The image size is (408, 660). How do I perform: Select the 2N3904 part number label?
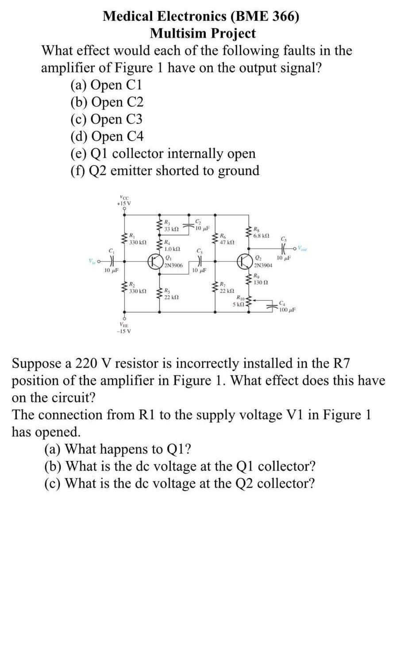263,265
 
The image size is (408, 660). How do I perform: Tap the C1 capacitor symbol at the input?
112,260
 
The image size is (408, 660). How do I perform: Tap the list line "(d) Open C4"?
107,136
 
